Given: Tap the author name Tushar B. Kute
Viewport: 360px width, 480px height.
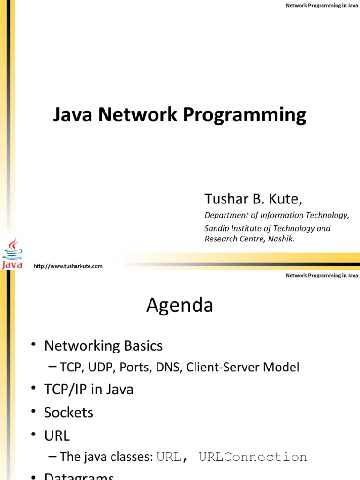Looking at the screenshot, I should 253,199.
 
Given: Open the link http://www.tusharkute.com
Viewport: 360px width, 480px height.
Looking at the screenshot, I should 68,266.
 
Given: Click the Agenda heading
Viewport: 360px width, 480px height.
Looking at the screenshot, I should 180,306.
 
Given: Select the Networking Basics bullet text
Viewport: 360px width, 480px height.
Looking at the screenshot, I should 103,346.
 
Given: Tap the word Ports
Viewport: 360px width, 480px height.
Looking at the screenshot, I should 133,367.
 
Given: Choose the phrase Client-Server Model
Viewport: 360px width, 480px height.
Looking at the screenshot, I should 242,367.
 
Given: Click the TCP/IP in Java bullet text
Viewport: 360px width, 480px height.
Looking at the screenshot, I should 89,390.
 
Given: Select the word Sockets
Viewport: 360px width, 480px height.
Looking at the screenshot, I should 68,412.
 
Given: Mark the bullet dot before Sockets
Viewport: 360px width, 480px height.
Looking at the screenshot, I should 34,412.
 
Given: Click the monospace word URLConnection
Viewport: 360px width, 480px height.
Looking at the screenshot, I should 253,457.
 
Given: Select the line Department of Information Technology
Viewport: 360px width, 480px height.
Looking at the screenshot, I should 277,216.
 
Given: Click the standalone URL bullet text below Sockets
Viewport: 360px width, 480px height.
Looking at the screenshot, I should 57,435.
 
